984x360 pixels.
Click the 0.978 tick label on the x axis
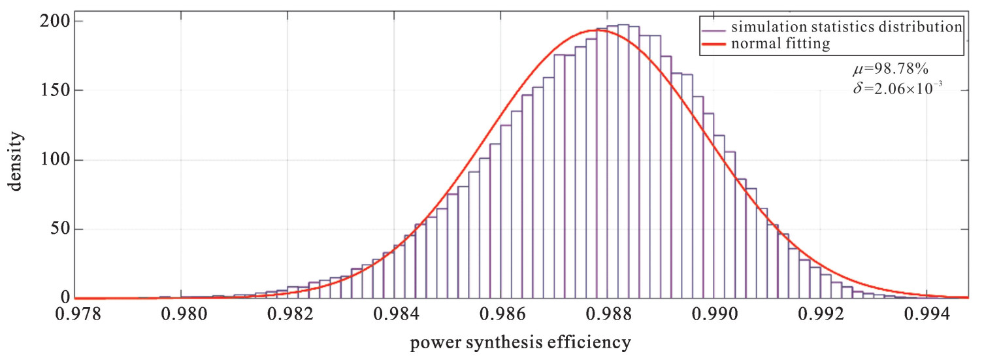point(78,315)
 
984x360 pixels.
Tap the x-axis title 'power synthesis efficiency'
point(520,342)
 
